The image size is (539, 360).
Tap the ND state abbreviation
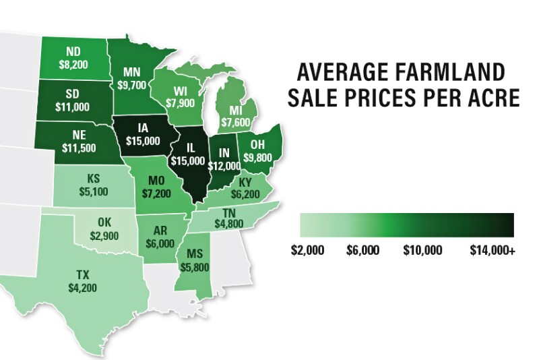(x=74, y=52)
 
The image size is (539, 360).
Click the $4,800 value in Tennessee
(x=220, y=224)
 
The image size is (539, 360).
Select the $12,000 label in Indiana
(x=223, y=165)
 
